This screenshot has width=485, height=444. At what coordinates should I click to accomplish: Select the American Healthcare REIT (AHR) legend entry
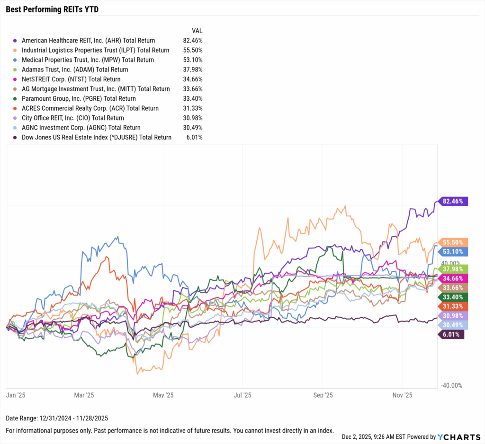(x=88, y=41)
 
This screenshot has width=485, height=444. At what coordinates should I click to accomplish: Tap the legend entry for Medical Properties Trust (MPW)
(x=88, y=60)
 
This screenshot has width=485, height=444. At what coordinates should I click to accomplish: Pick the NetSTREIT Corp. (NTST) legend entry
(x=71, y=79)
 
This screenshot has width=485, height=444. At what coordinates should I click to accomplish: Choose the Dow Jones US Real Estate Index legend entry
(x=97, y=137)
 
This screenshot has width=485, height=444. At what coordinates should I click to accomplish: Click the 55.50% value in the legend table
(x=193, y=50)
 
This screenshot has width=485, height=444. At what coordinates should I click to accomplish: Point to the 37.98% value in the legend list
(x=193, y=70)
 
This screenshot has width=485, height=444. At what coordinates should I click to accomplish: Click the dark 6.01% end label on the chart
(x=450, y=334)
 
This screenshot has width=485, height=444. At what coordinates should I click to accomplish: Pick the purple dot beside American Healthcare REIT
(x=16, y=41)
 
